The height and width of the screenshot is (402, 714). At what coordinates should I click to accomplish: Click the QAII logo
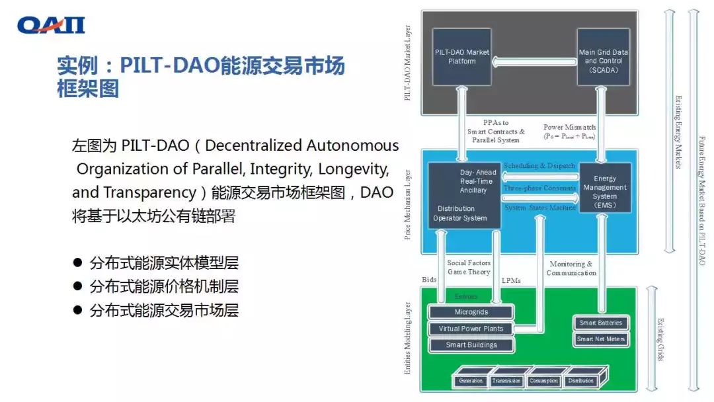pos(51,25)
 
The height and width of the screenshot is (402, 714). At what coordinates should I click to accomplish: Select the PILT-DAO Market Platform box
pos(462,58)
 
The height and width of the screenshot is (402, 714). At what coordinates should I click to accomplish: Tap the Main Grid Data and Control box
pos(602,58)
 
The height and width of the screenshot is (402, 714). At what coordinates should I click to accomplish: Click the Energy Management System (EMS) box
pos(604,188)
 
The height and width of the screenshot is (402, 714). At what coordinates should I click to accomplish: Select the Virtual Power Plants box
pos(471,329)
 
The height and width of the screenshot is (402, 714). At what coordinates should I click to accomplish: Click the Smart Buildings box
pos(471,344)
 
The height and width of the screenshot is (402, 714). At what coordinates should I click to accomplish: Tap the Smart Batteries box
pos(601,323)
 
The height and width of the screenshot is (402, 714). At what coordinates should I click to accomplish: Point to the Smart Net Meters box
pos(601,339)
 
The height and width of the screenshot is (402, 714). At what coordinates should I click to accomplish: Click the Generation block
pos(471,381)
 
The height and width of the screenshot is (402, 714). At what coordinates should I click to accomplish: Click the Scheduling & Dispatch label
pos(539,165)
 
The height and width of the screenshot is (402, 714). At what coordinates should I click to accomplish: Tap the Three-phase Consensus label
pos(539,188)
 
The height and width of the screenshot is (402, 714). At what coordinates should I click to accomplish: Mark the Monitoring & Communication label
pos(571,268)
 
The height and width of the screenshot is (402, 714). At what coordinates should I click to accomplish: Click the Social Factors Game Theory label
pos(469,267)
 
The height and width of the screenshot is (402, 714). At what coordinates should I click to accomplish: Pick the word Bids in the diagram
pos(430,280)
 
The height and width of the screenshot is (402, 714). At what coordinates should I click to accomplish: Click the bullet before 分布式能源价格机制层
pos(77,287)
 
